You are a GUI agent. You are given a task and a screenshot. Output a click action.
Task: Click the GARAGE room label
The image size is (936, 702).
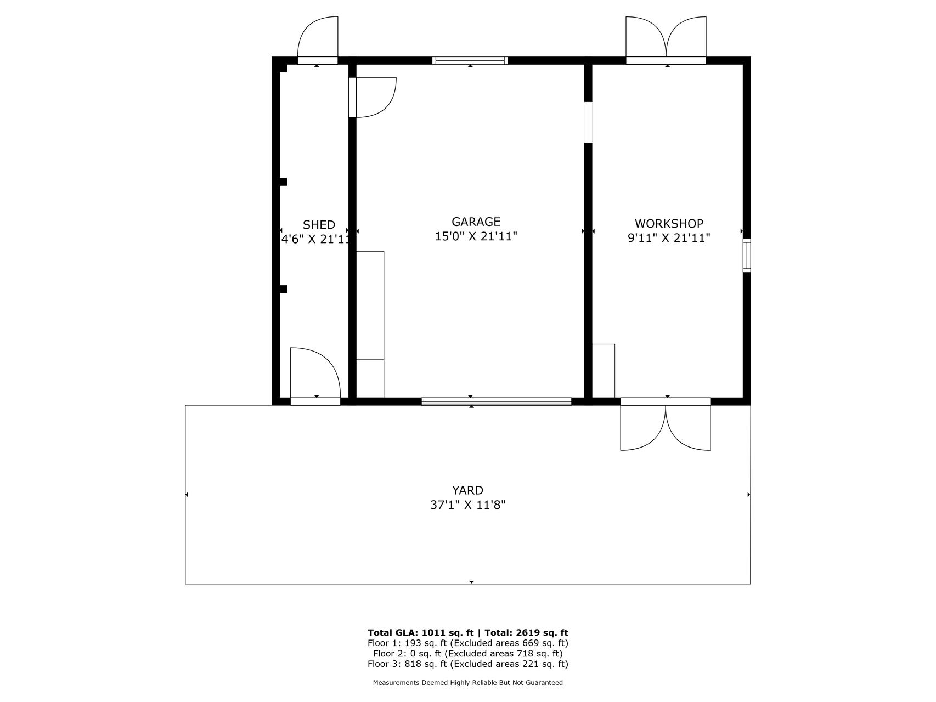pos(476,222)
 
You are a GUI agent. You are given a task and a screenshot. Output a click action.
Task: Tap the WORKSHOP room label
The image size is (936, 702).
pos(669,224)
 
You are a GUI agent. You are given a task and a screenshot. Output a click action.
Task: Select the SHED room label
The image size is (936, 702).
pos(319,225)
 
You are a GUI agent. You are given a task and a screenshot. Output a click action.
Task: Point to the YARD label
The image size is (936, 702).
pos(467,490)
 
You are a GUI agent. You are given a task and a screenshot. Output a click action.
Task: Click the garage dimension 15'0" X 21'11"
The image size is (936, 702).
pos(476,236)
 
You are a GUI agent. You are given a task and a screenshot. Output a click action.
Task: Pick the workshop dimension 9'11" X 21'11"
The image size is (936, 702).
pos(669,238)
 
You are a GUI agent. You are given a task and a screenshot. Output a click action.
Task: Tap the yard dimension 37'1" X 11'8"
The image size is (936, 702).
pos(467,505)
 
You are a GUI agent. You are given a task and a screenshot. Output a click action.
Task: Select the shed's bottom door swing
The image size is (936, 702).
pos(315,372)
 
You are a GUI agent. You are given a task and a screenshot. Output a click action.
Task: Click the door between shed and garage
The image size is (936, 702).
pos(373,98)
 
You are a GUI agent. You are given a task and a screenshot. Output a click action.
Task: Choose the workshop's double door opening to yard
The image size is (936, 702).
pos(666,428)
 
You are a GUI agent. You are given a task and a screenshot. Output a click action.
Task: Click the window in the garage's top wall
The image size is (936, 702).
pos(470,60)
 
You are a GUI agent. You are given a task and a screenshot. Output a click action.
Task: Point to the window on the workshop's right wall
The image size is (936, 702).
pos(747,256)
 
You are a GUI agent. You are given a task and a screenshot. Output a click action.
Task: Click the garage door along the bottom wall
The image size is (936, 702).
pos(497,401)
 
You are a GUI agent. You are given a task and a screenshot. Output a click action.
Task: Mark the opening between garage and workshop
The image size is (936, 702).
pos(588,122)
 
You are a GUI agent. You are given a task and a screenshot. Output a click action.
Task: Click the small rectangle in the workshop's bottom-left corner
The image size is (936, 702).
pos(604,371)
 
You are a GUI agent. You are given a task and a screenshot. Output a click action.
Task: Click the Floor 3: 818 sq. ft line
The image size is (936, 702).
pos(468,664)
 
